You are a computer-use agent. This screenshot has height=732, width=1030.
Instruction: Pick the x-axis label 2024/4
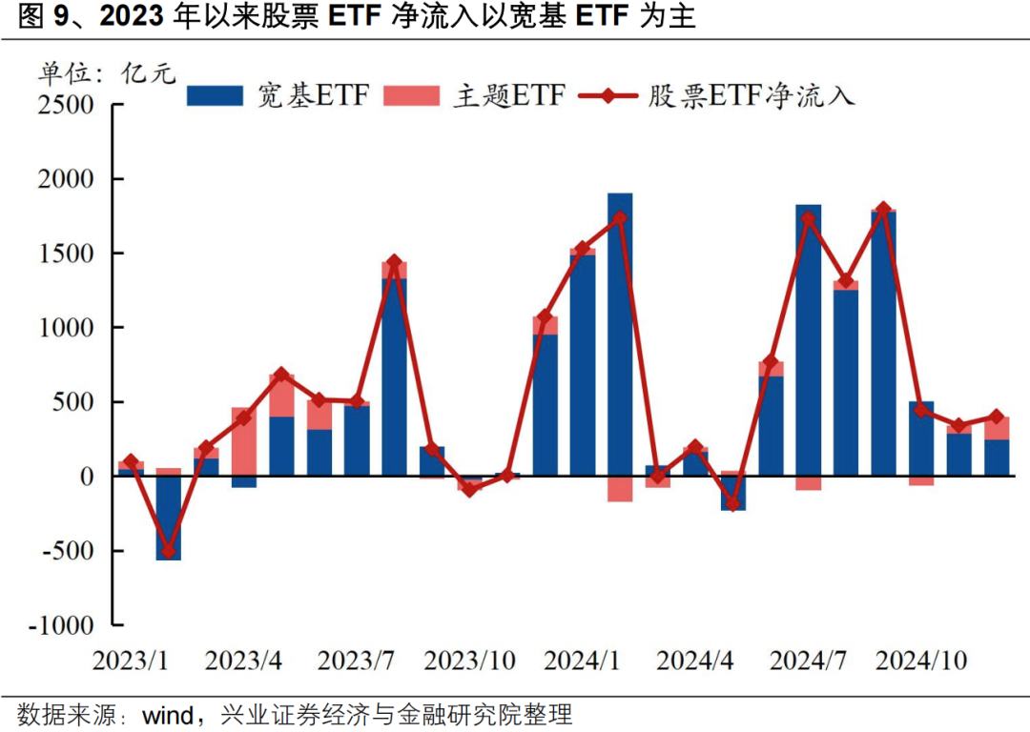pyautogui.click(x=696, y=660)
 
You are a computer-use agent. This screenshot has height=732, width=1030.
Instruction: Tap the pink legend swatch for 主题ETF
pyautogui.click(x=411, y=95)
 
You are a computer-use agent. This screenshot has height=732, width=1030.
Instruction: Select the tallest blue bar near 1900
pyautogui.click(x=620, y=334)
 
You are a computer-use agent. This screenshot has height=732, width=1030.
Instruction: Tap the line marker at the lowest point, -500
pyautogui.click(x=169, y=551)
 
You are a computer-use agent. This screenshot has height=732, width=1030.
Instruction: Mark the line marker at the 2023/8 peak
pyautogui.click(x=394, y=262)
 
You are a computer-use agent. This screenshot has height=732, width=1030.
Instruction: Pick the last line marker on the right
pyautogui.click(x=996, y=417)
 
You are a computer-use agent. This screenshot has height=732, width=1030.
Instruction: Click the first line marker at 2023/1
pyautogui.click(x=132, y=461)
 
